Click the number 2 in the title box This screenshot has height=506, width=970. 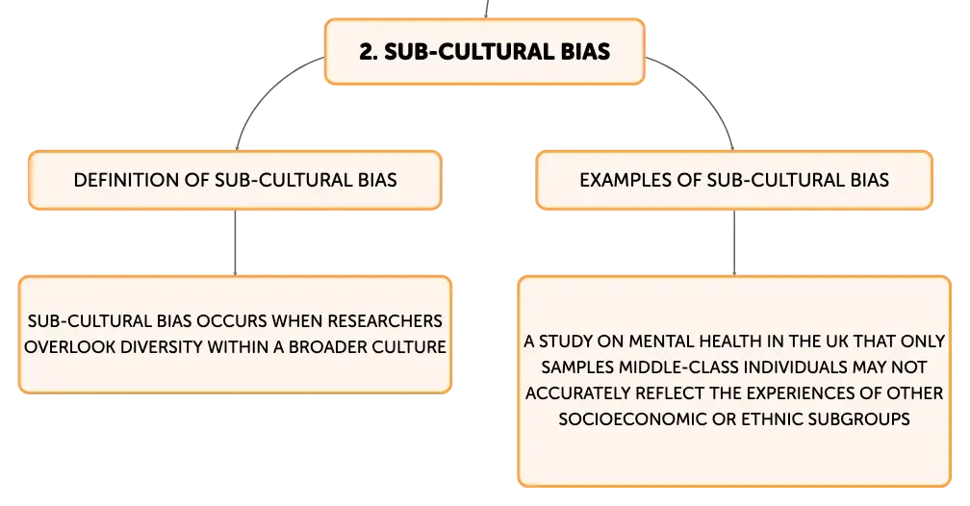coord(368,52)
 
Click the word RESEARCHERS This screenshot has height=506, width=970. coord(385,321)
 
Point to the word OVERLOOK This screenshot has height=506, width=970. coord(70,347)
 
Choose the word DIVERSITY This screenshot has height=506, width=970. coord(161,347)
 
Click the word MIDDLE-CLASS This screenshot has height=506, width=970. coord(679,367)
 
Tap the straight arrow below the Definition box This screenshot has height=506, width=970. coord(235,242)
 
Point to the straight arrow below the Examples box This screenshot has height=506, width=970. coord(734,242)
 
